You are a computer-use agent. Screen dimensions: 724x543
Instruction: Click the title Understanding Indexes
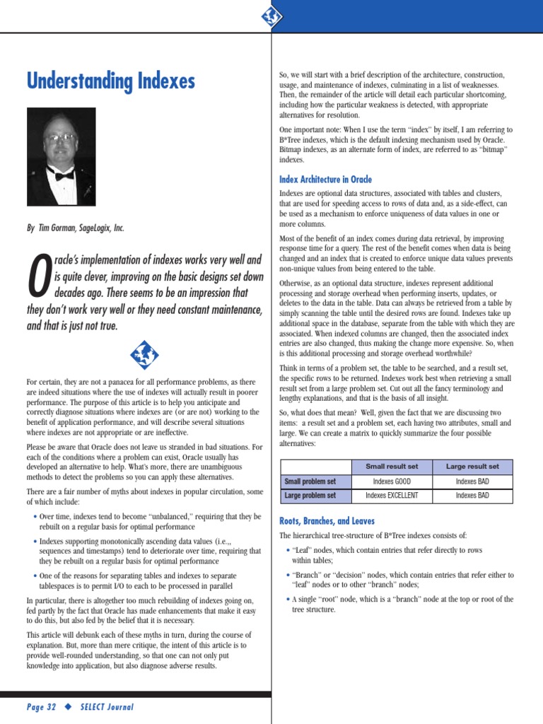(x=110, y=81)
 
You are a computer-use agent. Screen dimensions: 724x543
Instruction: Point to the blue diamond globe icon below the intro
(x=145, y=354)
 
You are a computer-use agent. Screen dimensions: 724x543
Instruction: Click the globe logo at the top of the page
(x=271, y=16)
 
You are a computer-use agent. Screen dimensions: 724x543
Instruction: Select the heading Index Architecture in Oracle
(x=325, y=180)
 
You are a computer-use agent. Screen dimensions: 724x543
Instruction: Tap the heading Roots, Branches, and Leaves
(x=327, y=521)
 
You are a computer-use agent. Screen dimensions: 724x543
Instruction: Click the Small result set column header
(x=392, y=467)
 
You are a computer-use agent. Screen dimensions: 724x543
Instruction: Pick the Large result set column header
(x=472, y=467)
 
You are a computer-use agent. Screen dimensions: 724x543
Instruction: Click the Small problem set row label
(x=310, y=481)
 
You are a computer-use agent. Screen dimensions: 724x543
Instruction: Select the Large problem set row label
(x=310, y=496)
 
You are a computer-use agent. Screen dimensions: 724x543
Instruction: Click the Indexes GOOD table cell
(x=392, y=481)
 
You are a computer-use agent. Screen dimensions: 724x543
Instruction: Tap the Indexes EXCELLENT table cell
(x=392, y=496)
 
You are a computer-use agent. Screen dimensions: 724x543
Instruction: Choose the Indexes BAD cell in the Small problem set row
(x=472, y=481)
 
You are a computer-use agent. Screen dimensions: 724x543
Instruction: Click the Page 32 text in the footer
(x=42, y=707)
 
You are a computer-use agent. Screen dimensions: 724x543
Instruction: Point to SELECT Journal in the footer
(x=106, y=707)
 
